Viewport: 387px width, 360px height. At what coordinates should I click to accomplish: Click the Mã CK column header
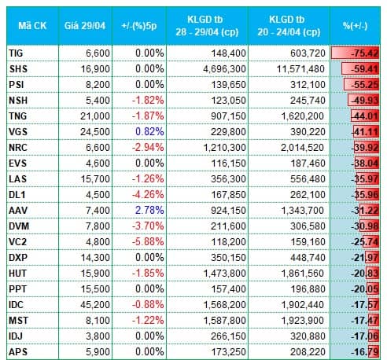32,26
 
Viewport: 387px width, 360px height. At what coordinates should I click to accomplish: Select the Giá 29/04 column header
85,26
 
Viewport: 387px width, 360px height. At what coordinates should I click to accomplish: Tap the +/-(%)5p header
139,26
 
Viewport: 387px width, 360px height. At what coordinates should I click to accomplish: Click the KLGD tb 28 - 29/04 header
207,26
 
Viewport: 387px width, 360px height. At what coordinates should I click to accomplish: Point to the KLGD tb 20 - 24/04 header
289,26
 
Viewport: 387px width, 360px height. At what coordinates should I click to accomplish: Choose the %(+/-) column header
355,26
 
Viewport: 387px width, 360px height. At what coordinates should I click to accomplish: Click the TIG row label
16,53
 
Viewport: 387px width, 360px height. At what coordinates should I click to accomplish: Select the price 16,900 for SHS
95,69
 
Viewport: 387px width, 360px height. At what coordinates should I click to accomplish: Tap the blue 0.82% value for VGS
149,131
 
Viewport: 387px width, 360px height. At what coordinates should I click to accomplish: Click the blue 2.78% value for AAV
149,210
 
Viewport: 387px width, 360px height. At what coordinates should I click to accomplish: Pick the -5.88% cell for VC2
148,241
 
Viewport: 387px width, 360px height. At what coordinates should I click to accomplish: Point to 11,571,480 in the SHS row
301,69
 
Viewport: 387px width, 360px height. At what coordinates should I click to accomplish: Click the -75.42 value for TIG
365,53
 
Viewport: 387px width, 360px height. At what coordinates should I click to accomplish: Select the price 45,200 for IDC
95,304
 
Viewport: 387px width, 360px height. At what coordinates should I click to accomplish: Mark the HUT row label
18,273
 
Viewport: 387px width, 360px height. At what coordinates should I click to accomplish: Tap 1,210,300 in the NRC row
225,147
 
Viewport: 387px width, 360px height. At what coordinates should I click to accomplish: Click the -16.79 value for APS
365,351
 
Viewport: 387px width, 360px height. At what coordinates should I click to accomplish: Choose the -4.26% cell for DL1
148,194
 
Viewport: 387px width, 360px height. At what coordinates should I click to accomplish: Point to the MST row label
18,320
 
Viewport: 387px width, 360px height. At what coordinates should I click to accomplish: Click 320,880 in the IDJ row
308,336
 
